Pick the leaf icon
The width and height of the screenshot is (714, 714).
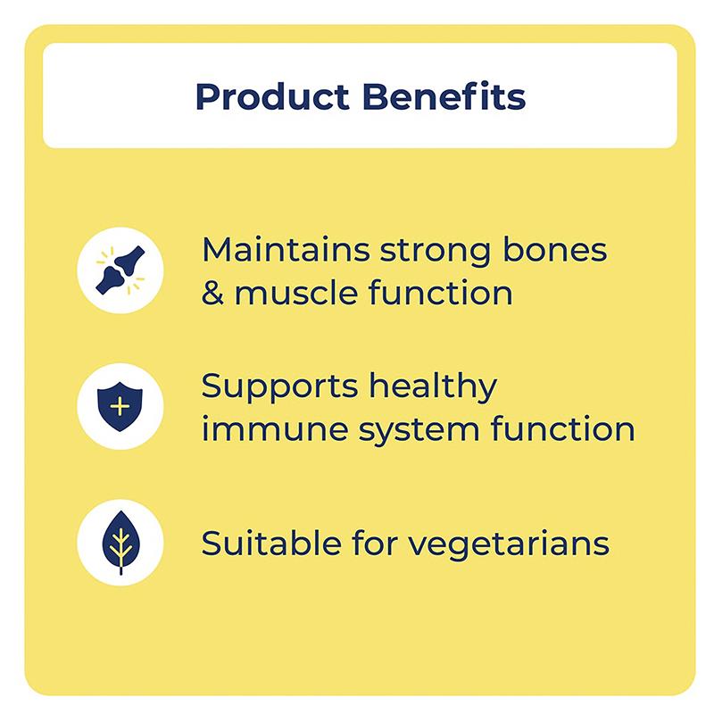[x=120, y=543]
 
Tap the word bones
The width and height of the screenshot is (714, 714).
[x=556, y=250]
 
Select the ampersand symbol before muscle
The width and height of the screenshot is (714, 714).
[x=212, y=293]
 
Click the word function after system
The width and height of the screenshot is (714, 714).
[x=563, y=430]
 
